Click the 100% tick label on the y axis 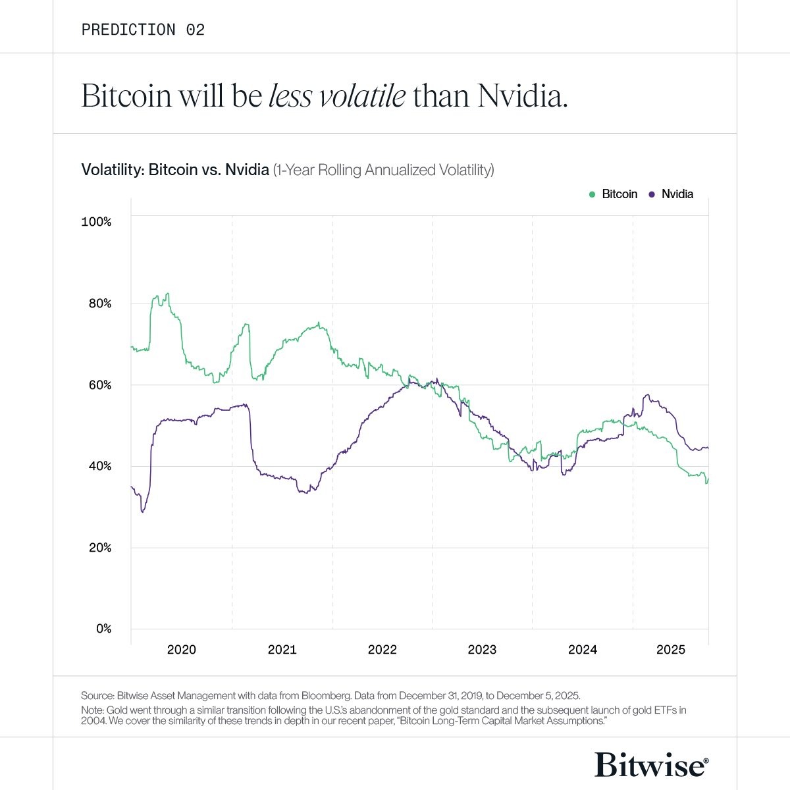pos(96,222)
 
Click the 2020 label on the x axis pos(182,650)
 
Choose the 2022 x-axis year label pos(382,650)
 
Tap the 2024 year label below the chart pos(583,650)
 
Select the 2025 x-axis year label pos(671,650)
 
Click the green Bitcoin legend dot pos(592,194)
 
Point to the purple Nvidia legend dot pos(652,194)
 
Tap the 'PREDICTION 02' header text pos(143,30)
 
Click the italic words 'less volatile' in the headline pos(336,96)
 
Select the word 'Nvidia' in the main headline pos(522,96)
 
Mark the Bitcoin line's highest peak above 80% pos(168,294)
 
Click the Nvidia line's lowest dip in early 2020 pos(142,512)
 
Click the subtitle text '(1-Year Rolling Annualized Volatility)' pos(383,170)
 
